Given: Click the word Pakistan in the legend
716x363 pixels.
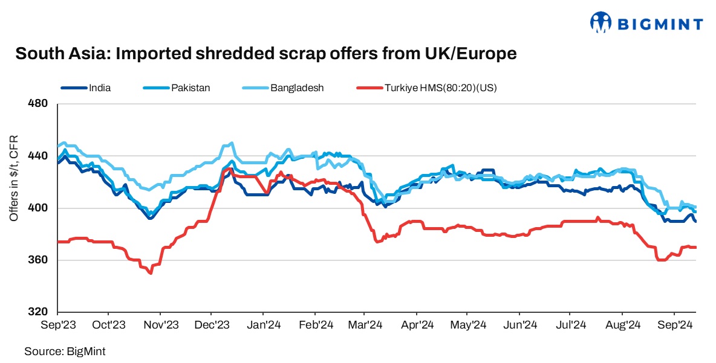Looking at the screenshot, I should tap(190, 88).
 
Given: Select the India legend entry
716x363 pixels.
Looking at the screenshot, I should tap(99, 88).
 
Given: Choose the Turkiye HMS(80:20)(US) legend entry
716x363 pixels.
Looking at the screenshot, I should tap(440, 88).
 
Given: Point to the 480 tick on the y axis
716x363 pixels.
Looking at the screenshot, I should tap(39, 104).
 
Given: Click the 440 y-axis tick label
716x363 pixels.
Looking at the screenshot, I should tap(39, 156).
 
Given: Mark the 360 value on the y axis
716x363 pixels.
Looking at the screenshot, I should tap(39, 260).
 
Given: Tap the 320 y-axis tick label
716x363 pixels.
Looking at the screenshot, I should tap(39, 312).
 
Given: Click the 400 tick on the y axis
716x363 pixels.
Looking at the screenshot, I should tap(39, 208).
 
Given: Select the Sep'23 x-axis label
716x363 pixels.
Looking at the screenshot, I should tap(57, 325).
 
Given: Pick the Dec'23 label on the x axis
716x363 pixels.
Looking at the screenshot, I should tap(212, 325).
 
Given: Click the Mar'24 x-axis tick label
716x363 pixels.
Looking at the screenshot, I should tap(365, 325).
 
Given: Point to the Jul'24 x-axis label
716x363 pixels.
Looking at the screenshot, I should tap(571, 325).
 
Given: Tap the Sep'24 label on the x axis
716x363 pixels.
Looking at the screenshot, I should tap(675, 325).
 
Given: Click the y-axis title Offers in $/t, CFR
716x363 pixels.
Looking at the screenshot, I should tap(14, 178).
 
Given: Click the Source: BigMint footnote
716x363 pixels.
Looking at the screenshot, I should tap(60, 350).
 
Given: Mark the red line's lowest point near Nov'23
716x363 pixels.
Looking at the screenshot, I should tap(150, 273).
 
